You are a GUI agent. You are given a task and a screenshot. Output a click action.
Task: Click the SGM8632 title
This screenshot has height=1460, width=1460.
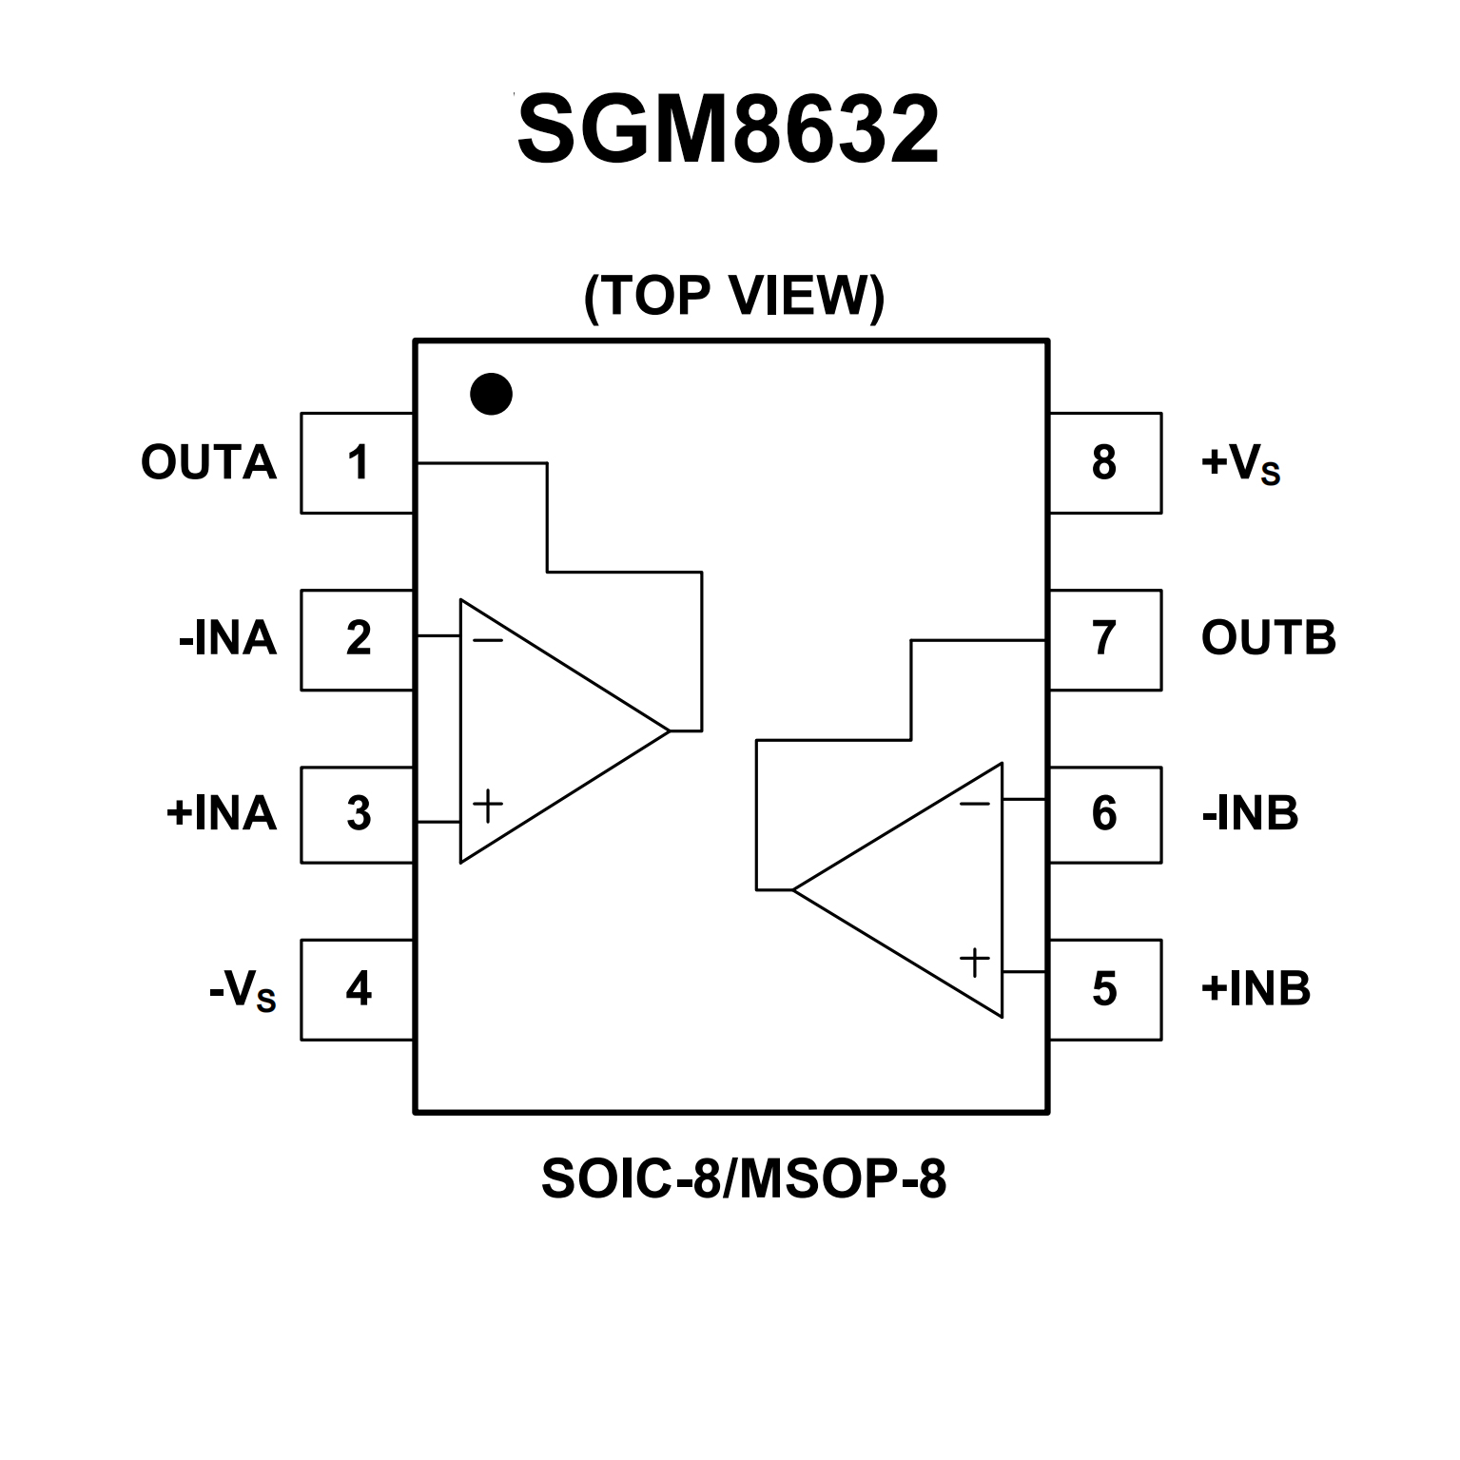[x=729, y=130]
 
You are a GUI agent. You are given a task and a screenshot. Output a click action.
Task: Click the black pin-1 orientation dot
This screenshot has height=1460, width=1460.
[x=491, y=394]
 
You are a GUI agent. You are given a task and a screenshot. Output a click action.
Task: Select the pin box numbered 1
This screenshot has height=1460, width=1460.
[x=357, y=463]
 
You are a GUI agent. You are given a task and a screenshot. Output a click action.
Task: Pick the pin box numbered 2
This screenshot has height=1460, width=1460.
[x=357, y=639]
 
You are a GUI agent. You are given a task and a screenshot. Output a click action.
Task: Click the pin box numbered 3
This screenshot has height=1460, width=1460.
[x=357, y=814]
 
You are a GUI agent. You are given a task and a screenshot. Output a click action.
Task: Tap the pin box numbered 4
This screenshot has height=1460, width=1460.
[x=357, y=989]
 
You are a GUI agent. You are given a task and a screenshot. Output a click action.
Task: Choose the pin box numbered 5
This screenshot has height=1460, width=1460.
[x=1104, y=989]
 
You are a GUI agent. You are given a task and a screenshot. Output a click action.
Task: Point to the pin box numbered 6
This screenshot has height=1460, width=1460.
[x=1104, y=814]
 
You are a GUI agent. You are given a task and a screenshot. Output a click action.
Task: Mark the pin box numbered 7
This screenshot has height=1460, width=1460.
[x=1104, y=639]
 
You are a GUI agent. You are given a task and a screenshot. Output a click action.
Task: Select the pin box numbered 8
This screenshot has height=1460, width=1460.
[x=1104, y=463]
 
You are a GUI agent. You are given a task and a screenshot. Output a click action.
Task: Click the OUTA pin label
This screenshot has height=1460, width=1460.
[x=208, y=463]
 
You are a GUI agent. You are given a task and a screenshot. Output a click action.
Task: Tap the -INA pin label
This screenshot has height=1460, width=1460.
[x=227, y=639]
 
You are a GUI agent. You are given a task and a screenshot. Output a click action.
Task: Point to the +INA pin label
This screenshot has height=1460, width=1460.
[x=221, y=814]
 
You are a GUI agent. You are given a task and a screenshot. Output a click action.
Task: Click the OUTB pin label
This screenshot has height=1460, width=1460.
[x=1268, y=638]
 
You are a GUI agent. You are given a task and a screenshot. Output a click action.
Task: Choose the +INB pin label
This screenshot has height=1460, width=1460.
[x=1256, y=989]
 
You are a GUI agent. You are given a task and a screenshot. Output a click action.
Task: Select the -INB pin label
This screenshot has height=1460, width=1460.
[x=1250, y=814]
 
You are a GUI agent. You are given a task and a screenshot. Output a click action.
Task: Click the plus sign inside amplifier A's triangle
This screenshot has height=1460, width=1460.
[x=488, y=807]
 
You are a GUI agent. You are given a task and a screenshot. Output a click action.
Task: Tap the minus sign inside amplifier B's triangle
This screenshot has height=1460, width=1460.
[x=974, y=805]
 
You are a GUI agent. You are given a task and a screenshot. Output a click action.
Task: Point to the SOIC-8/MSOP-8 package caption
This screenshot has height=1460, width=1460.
[x=743, y=1179]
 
